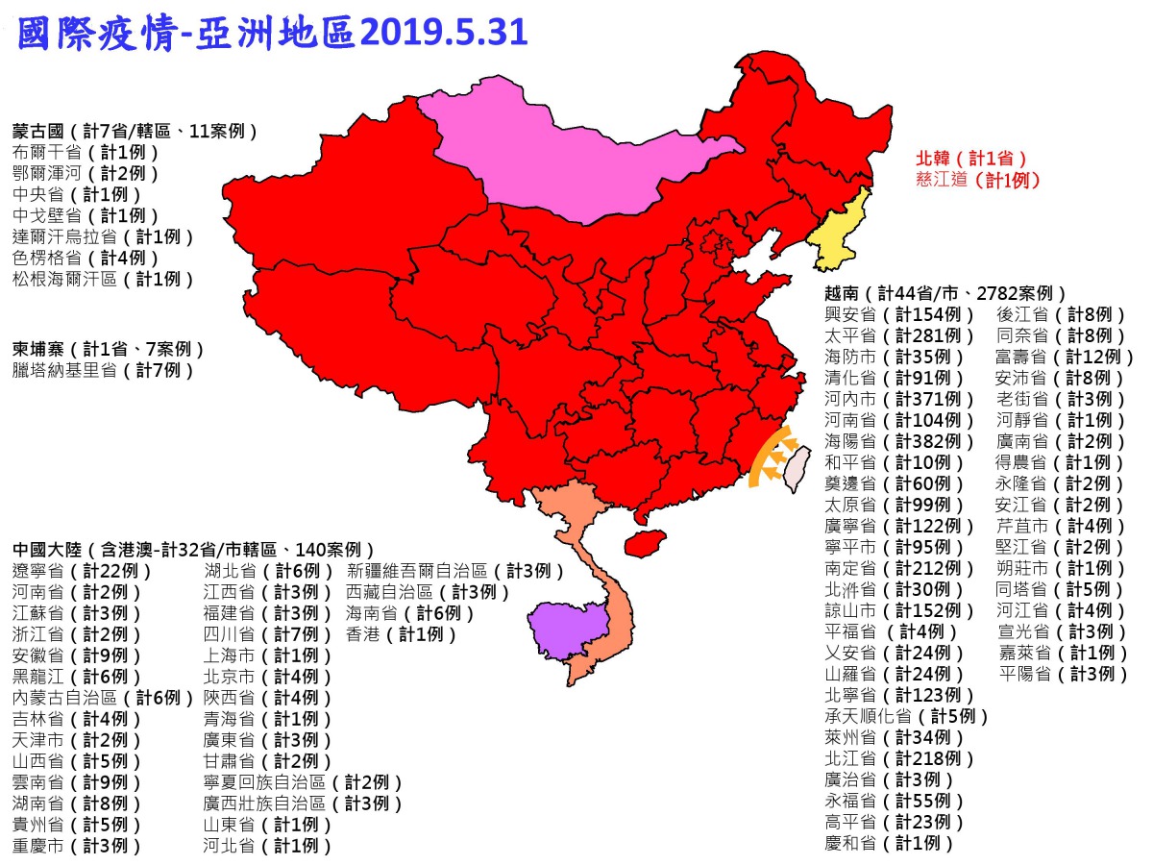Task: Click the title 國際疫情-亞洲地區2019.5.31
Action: click(273, 33)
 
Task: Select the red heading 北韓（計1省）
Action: click(971, 158)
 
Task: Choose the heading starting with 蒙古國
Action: click(135, 130)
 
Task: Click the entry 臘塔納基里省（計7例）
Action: click(103, 370)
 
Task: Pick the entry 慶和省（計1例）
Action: click(889, 843)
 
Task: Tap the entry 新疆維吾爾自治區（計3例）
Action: click(455, 571)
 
